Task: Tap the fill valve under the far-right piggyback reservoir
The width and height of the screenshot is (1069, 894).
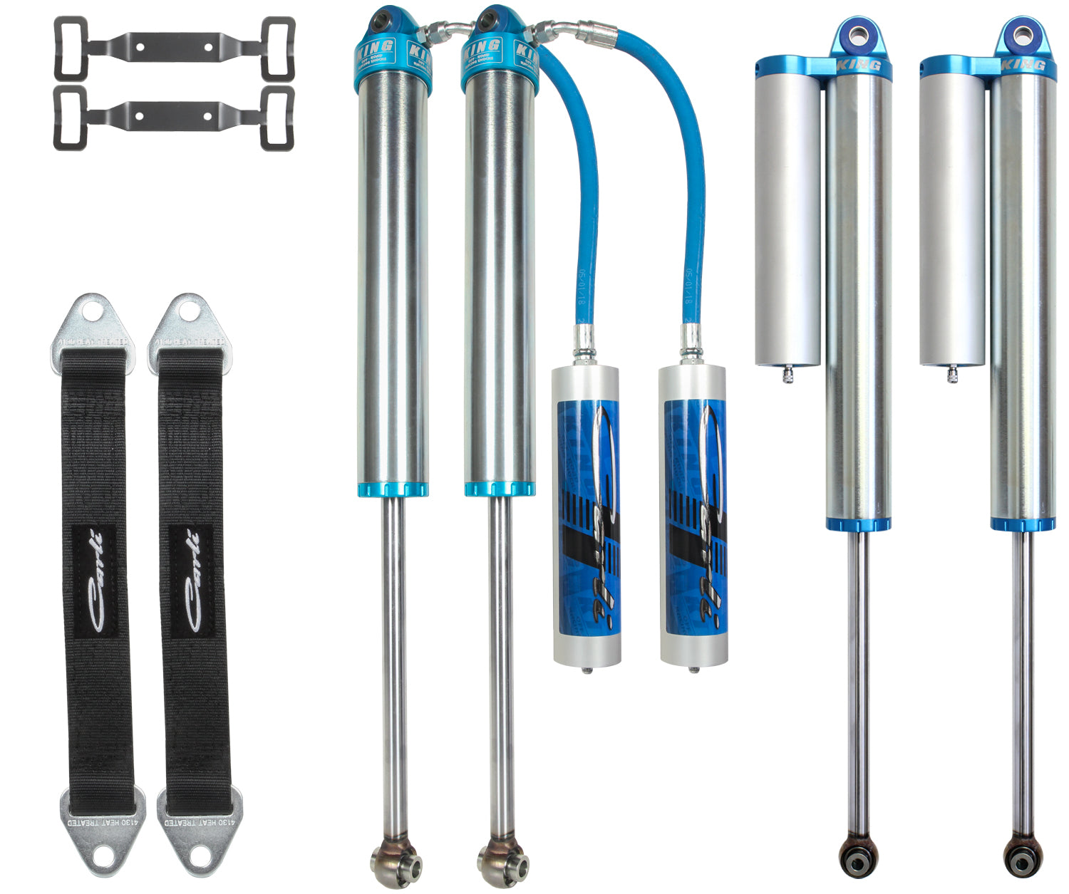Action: click(x=952, y=373)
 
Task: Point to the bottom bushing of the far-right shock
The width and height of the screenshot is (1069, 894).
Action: click(x=1022, y=851)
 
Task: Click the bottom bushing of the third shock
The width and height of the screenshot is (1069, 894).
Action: click(x=857, y=851)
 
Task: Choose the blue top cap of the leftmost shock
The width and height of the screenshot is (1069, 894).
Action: click(x=392, y=53)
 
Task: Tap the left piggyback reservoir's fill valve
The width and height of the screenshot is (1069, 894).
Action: click(x=787, y=373)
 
